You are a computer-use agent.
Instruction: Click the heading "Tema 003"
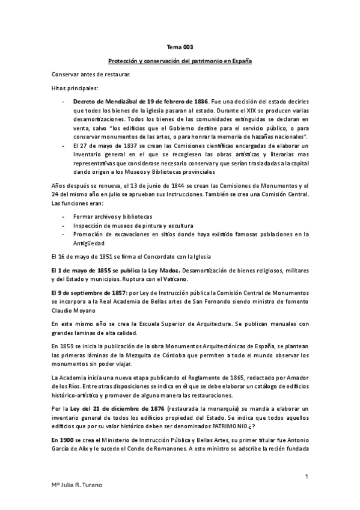click(180, 47)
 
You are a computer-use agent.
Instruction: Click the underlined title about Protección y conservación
click(180, 61)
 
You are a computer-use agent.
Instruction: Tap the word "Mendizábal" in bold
click(112, 102)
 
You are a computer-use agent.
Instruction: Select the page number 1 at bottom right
click(307, 476)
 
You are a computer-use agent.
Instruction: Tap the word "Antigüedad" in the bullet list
click(89, 243)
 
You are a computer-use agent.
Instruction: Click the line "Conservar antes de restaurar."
click(91, 74)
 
